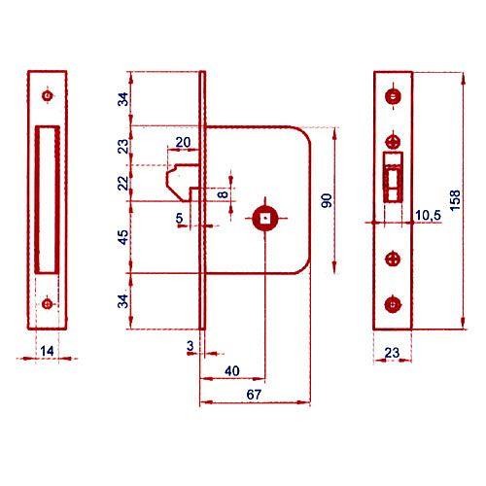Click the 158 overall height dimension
pyautogui.click(x=455, y=200)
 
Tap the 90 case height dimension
pyautogui.click(x=327, y=200)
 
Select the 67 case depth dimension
pyautogui.click(x=254, y=395)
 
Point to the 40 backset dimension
pyautogui.click(x=232, y=371)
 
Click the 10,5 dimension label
pyautogui.click(x=428, y=215)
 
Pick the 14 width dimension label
pyautogui.click(x=47, y=351)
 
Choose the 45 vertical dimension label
pyautogui.click(x=123, y=237)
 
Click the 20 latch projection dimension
pyautogui.click(x=183, y=142)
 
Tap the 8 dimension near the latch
pyautogui.click(x=224, y=194)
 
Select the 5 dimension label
pyautogui.click(x=179, y=218)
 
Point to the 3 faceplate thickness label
pyautogui.click(x=191, y=346)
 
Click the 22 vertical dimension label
pyautogui.click(x=123, y=184)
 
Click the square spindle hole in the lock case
pyautogui.click(x=265, y=218)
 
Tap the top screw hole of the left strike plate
pyautogui.click(x=48, y=95)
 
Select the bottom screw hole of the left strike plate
pyautogui.click(x=48, y=304)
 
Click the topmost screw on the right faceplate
pyautogui.click(x=393, y=96)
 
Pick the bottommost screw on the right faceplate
pyautogui.click(x=393, y=304)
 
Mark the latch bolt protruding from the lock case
pyautogui.click(x=182, y=183)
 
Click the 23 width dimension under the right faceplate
pyautogui.click(x=392, y=353)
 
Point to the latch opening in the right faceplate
pyautogui.click(x=393, y=177)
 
